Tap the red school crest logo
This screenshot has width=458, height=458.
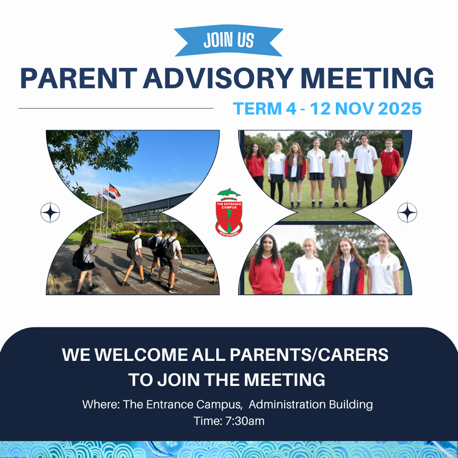click(x=229, y=213)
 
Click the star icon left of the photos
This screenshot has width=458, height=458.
click(x=50, y=213)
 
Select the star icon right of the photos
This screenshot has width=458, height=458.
click(x=407, y=213)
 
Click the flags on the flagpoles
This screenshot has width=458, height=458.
click(x=112, y=191)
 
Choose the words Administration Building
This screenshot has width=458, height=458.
click(x=311, y=404)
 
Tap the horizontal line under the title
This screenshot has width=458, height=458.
click(x=115, y=108)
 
